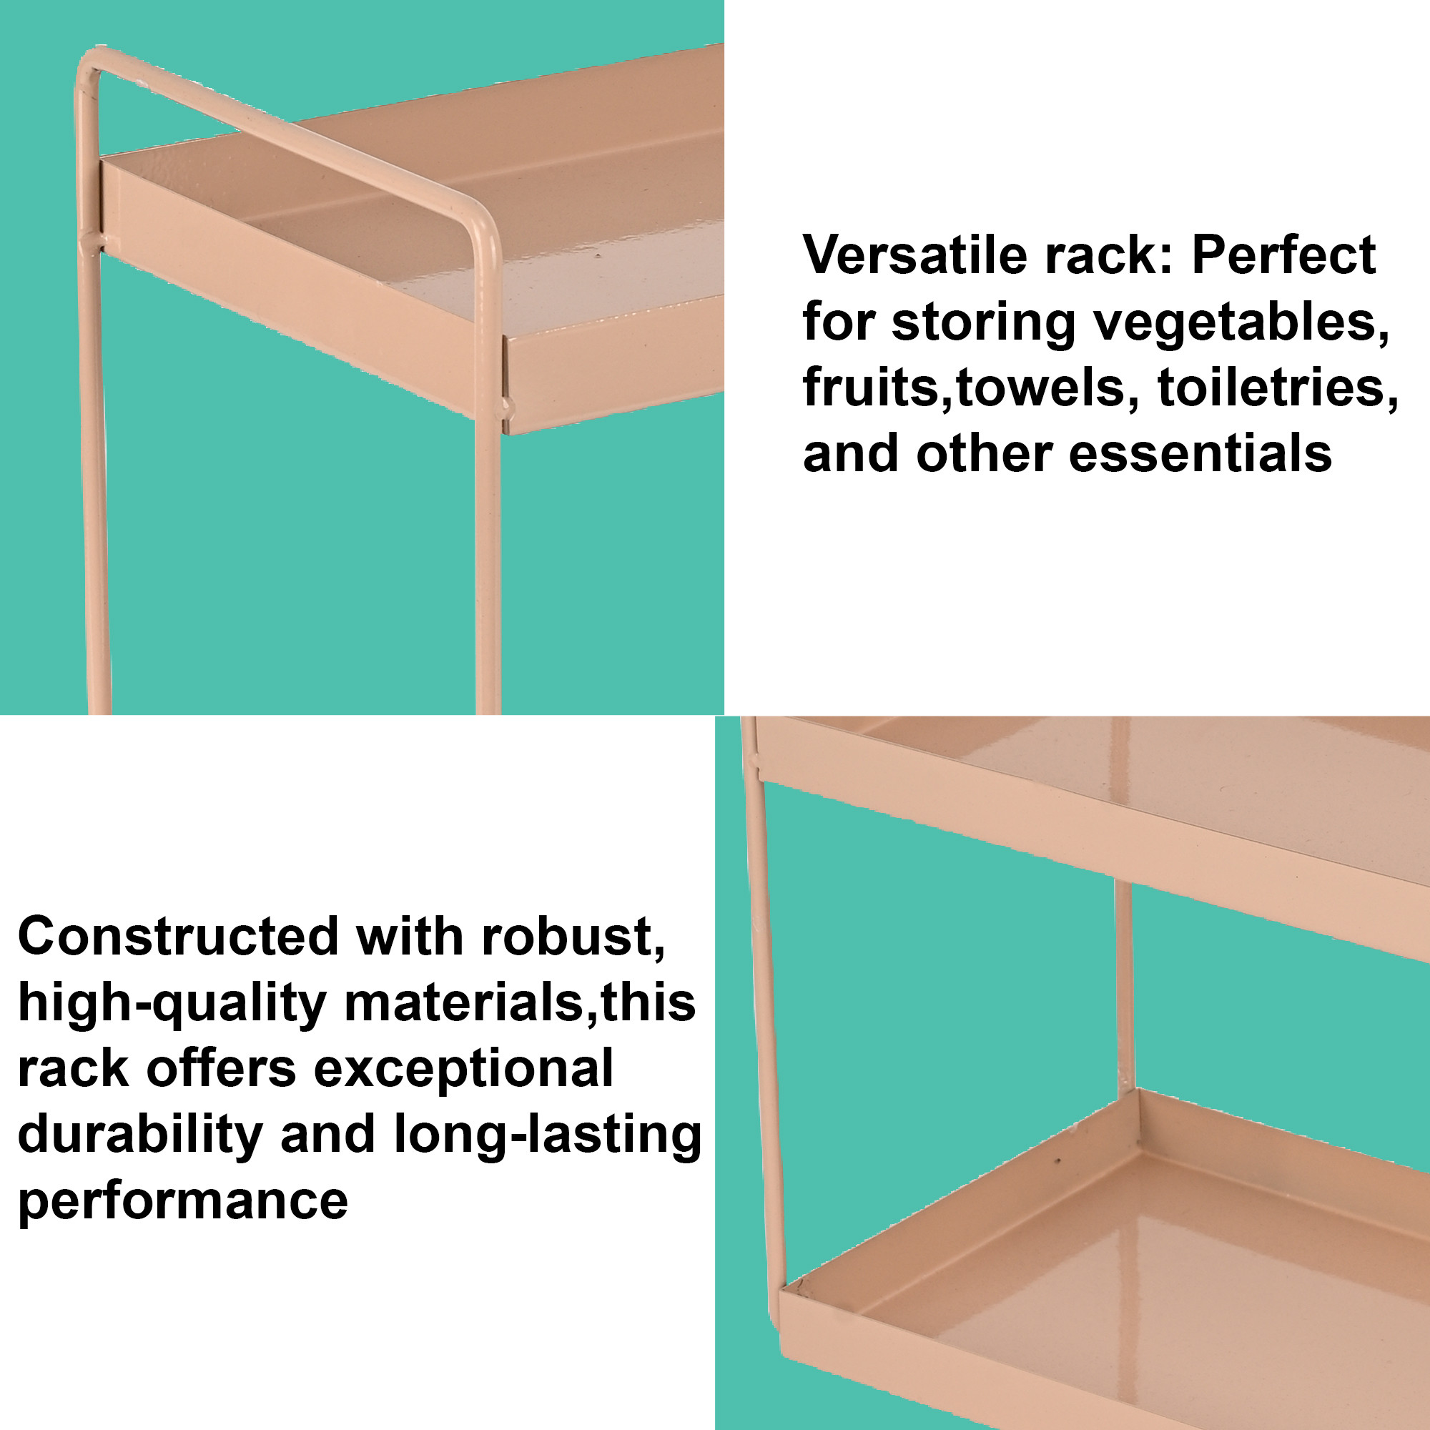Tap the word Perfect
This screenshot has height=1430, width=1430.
click(1283, 255)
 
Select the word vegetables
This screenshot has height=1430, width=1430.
click(1243, 323)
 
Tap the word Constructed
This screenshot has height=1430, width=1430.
click(177, 937)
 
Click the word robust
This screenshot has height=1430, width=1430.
click(573, 937)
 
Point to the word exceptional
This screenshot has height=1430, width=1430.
click(463, 1069)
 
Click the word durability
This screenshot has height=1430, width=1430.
click(141, 1135)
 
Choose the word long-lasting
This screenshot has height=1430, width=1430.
click(548, 1135)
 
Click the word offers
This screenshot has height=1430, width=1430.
click(222, 1069)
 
